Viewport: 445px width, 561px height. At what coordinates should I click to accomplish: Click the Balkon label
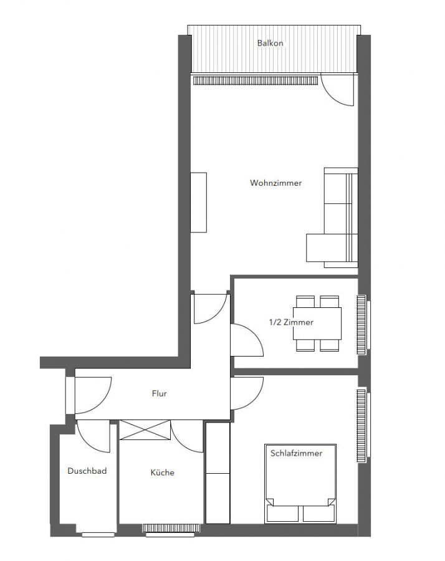[x=270, y=43]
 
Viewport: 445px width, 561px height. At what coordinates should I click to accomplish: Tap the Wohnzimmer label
[x=276, y=183]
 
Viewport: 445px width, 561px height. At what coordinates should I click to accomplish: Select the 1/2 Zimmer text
[x=291, y=322]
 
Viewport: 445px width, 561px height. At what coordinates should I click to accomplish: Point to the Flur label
[x=159, y=393]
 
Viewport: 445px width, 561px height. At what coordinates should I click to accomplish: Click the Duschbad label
[x=87, y=471]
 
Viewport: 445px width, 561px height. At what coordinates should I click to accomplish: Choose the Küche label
[x=163, y=472]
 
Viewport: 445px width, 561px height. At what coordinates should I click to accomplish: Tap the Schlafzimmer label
[x=296, y=453]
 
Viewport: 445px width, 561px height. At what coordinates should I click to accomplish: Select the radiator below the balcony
[x=256, y=80]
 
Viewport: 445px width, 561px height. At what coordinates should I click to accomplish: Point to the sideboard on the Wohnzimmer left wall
[x=198, y=203]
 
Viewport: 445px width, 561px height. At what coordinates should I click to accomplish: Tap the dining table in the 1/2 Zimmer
[x=317, y=323]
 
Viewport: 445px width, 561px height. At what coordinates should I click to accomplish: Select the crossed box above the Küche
[x=145, y=429]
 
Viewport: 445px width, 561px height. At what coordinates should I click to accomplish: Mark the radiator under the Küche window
[x=171, y=528]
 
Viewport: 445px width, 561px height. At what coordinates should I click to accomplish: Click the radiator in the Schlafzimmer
[x=361, y=424]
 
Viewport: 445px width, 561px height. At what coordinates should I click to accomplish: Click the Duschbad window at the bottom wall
[x=98, y=535]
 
